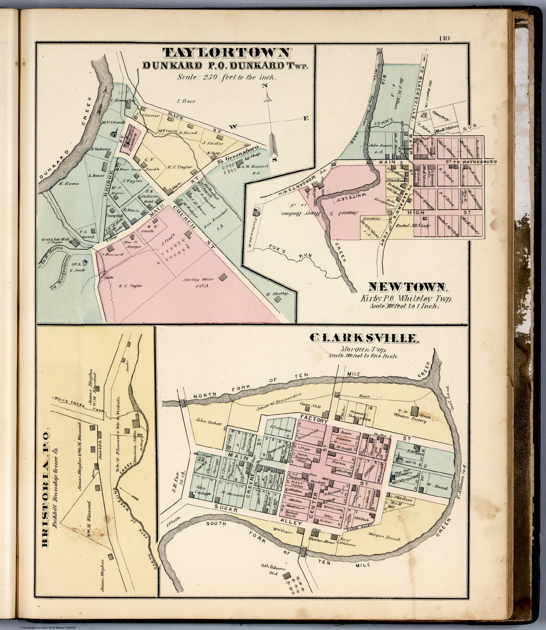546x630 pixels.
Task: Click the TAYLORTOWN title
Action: (227, 53)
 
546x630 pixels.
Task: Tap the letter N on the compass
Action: (266, 86)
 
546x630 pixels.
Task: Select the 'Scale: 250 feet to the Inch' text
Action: (227, 77)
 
